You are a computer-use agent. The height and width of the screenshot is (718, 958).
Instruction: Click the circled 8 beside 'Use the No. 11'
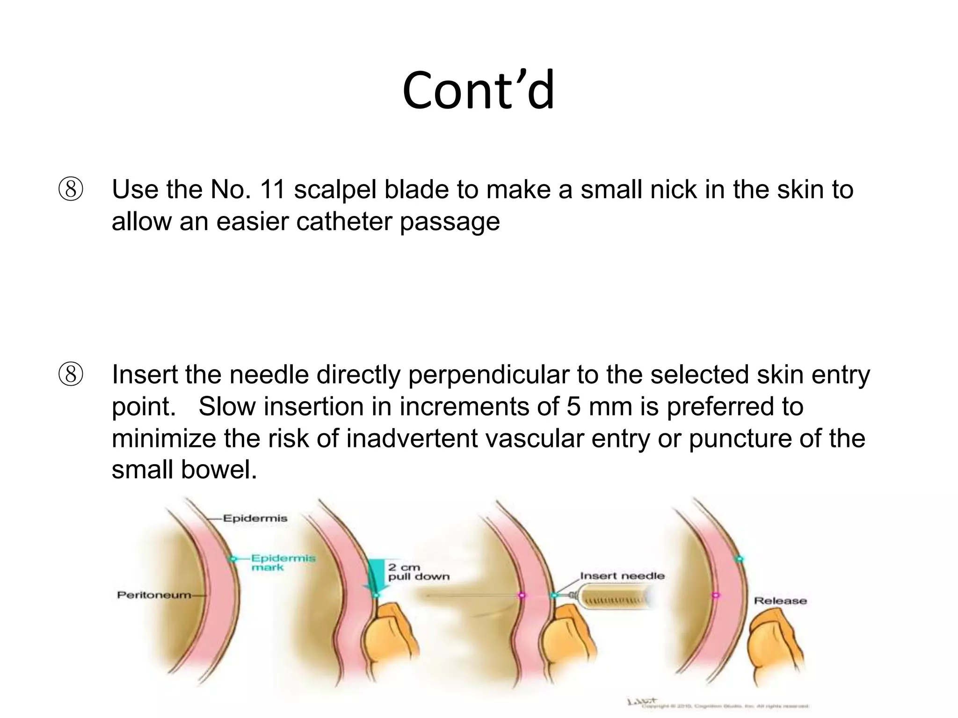click(71, 190)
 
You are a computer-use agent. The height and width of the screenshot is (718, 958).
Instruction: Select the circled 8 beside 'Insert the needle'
click(71, 375)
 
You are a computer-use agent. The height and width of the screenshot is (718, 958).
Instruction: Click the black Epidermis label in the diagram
click(255, 518)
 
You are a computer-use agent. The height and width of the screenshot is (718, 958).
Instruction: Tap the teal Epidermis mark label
click(283, 562)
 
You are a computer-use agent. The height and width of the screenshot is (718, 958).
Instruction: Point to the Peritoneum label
click(154, 595)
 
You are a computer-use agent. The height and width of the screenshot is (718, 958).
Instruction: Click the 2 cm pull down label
click(418, 572)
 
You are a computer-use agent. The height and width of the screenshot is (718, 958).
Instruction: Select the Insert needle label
click(622, 576)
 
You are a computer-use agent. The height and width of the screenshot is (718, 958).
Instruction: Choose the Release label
click(780, 601)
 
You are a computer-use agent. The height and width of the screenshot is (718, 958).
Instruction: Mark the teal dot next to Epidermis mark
click(232, 559)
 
